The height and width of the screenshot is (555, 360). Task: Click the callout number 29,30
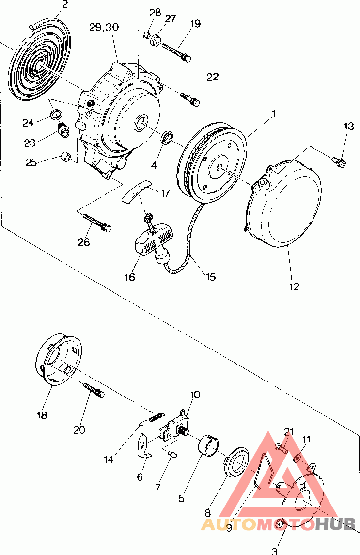(x=104, y=28)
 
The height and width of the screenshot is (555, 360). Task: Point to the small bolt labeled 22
(x=190, y=99)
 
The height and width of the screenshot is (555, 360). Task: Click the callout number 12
(x=294, y=286)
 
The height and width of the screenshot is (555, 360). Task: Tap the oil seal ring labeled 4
(x=168, y=137)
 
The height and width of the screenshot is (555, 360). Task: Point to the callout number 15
(x=211, y=276)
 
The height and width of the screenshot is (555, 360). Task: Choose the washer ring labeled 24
(x=56, y=115)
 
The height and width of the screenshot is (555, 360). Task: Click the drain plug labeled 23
(x=63, y=129)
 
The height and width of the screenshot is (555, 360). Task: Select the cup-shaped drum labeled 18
(x=59, y=359)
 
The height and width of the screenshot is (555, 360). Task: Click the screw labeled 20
(x=94, y=390)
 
